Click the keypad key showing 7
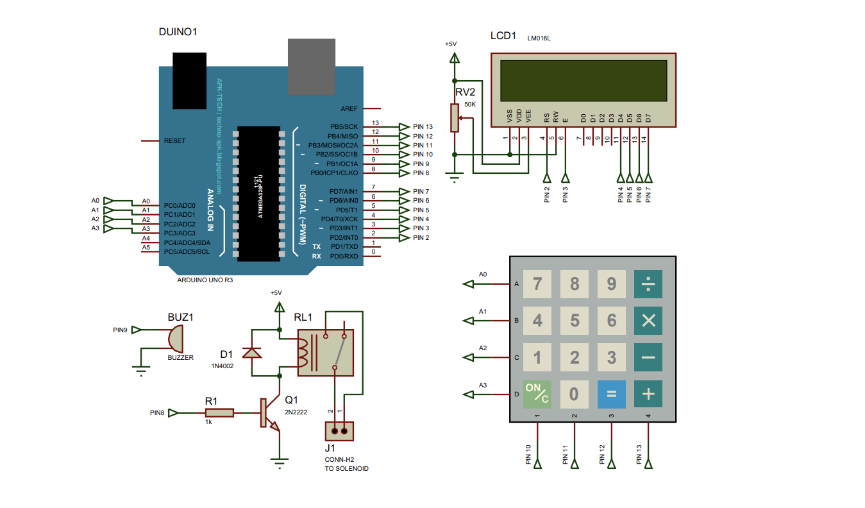537,283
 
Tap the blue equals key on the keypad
611,394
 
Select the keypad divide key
648,283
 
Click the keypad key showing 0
574,394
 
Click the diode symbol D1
251,352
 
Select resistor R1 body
219,414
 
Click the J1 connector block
339,430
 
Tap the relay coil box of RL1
325,353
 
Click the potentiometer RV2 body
455,117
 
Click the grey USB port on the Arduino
311,67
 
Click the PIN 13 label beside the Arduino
423,127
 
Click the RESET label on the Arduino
175,140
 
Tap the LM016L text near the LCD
539,38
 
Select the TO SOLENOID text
347,469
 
